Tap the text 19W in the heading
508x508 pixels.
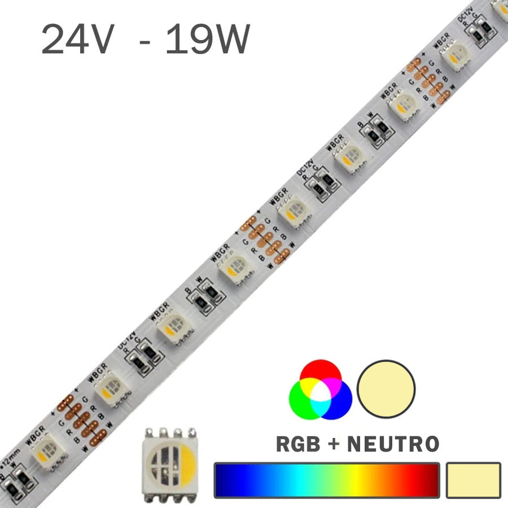[x=207, y=40]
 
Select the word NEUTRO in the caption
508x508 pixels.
[x=393, y=443]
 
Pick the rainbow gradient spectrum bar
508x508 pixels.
[x=327, y=480]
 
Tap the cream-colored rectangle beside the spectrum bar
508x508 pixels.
[x=473, y=480]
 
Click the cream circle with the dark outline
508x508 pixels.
[x=387, y=389]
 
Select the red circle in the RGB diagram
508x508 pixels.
[x=320, y=373]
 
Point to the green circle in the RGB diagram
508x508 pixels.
[x=302, y=402]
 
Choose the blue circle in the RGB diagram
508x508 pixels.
[x=339, y=402]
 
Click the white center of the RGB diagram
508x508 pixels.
[x=320, y=392]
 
